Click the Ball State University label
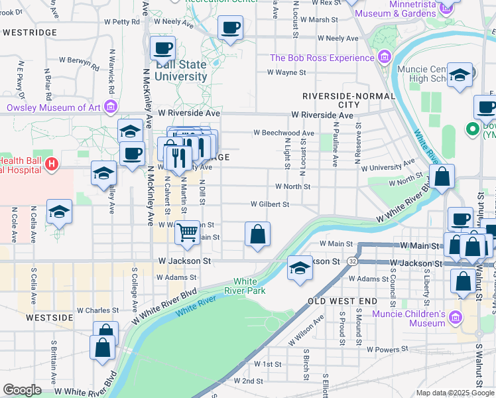[x=181, y=70]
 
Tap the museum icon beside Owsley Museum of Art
[x=111, y=107]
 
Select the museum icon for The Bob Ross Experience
[x=383, y=58]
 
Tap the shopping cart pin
[x=188, y=232]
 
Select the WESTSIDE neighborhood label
[x=48, y=318]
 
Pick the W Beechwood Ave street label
[x=284, y=133]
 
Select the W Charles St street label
[x=97, y=310]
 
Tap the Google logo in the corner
[x=22, y=389]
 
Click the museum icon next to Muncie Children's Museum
[x=456, y=319]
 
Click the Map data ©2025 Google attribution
[x=454, y=393]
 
